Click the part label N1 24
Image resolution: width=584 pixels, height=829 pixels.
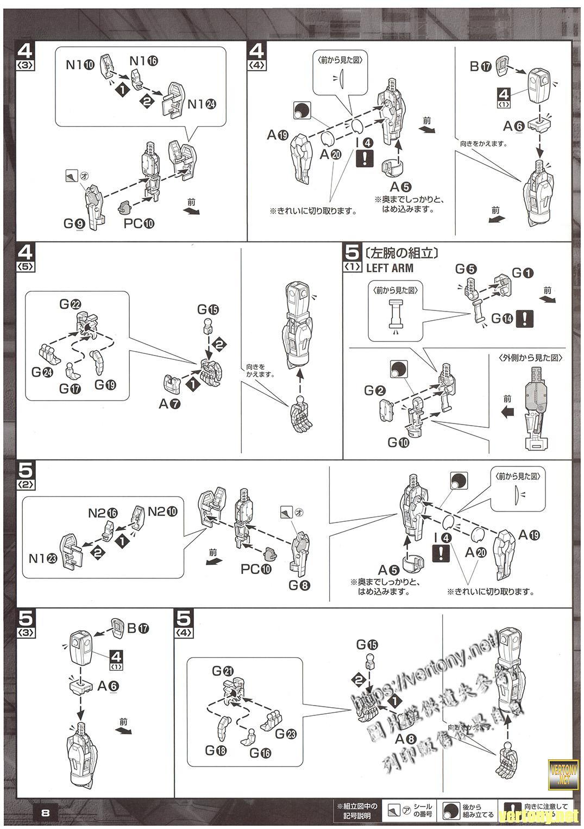(202, 104)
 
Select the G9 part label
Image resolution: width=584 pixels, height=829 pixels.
(73, 223)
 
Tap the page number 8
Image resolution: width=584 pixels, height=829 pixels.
(46, 813)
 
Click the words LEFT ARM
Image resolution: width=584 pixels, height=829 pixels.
(390, 268)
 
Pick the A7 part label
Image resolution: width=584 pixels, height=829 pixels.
(169, 404)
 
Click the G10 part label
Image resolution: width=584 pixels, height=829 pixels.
(398, 442)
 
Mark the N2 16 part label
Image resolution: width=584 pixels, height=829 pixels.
(103, 513)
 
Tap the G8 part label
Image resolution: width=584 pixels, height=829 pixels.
(299, 585)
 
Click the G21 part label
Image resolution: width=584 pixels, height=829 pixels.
(223, 671)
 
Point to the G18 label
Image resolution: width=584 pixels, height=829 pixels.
(216, 751)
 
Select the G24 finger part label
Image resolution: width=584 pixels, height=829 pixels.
(42, 372)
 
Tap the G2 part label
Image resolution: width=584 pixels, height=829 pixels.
(375, 390)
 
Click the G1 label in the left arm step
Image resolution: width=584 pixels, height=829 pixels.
(523, 273)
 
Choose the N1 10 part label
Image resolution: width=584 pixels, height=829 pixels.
(80, 65)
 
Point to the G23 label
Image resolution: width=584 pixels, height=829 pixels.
(286, 734)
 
